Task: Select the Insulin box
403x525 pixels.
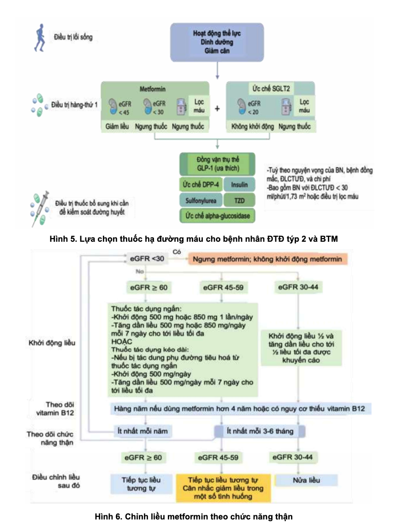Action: (x=240, y=185)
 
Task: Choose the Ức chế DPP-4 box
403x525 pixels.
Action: (x=200, y=185)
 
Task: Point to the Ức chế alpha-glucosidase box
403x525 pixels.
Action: (x=217, y=215)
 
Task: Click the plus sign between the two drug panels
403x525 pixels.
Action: (x=217, y=108)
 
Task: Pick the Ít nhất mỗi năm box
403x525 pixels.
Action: (x=143, y=431)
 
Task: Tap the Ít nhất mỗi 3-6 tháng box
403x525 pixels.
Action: (x=261, y=431)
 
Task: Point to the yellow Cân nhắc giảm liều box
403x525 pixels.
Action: (x=223, y=488)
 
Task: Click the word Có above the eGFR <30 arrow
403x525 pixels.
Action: (x=176, y=251)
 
